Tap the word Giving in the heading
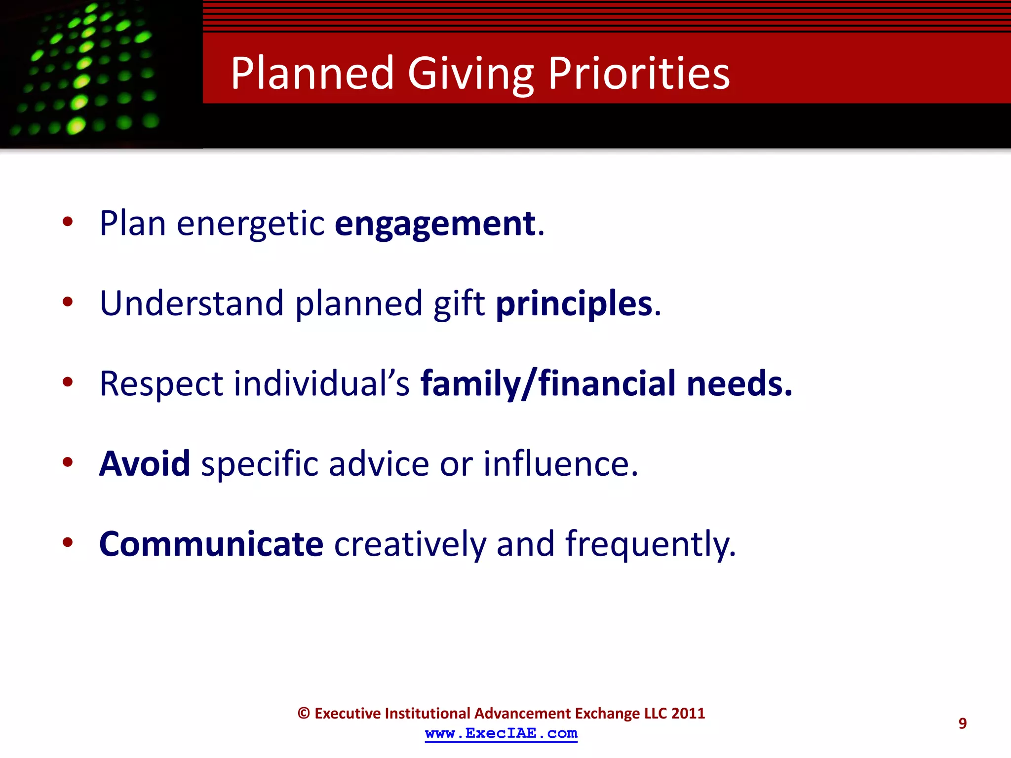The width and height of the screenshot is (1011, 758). coord(470,74)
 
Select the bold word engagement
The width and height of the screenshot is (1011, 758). coord(435,224)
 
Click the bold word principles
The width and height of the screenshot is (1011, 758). coord(574,303)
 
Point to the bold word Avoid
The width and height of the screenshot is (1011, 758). coord(145,464)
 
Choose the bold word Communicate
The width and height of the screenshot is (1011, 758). coord(211,544)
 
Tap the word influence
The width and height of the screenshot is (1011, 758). coord(560,464)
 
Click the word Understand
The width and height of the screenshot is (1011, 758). coord(192,303)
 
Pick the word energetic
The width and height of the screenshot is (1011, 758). coord(250,224)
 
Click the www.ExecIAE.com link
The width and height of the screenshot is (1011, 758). coord(501,733)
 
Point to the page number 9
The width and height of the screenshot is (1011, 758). coord(962,723)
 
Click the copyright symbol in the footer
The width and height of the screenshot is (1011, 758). coord(304,714)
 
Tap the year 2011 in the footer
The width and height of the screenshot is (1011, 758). coord(688,714)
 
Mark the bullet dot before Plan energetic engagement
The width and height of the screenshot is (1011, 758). coord(68,222)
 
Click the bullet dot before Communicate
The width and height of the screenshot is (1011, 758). coord(68,542)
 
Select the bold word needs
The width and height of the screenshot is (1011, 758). coord(739,384)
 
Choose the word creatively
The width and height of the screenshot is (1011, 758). coord(410,544)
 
